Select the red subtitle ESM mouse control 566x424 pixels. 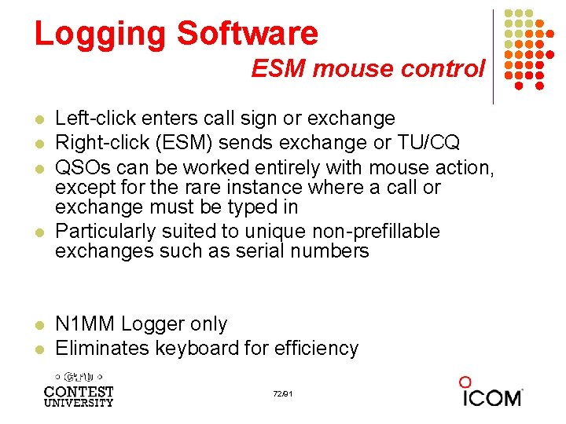(x=368, y=69)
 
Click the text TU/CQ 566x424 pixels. (x=438, y=143)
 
